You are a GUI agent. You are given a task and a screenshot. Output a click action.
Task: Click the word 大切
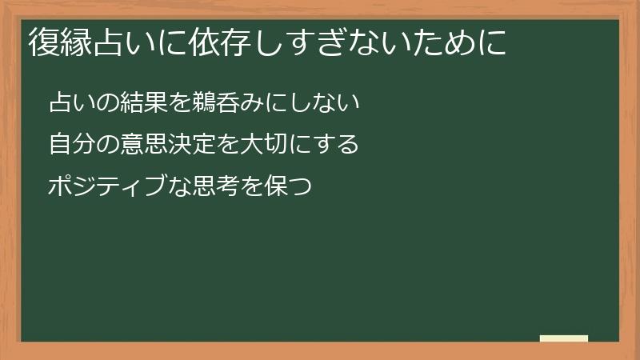[x=257, y=146]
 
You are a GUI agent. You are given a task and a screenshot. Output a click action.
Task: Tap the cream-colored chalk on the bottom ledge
[x=564, y=338]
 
